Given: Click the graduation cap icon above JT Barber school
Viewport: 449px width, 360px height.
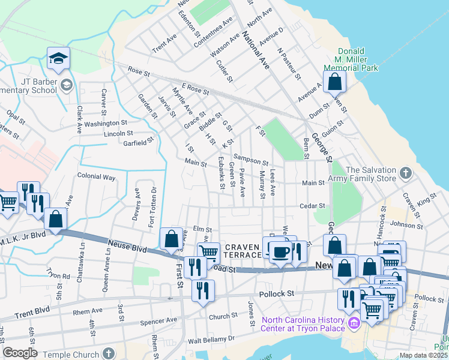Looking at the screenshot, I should point(59,58).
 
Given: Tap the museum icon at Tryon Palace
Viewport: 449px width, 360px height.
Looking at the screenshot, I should point(354,325).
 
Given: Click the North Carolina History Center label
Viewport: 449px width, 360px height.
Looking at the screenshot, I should point(303,324).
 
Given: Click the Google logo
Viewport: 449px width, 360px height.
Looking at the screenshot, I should point(20,353).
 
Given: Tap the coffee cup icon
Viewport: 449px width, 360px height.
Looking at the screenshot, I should point(279,251).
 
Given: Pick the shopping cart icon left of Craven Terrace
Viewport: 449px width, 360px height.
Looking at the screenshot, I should point(208,251).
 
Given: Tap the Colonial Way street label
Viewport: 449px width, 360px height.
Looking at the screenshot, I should point(96,177).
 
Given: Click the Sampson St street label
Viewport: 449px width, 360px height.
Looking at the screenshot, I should point(251,160).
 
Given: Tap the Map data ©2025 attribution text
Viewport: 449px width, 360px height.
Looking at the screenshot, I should point(423,355).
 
